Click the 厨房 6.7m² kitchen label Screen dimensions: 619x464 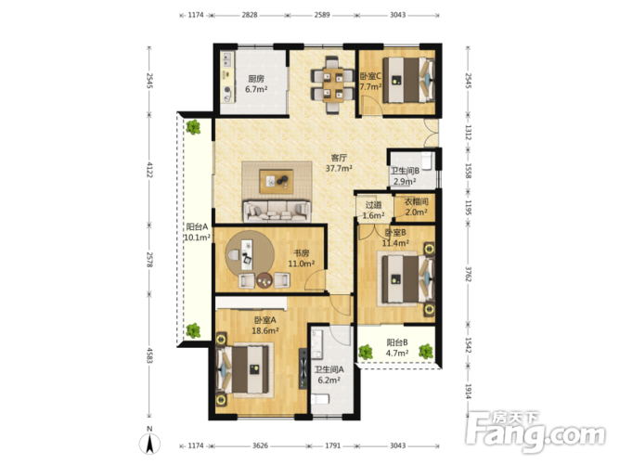click(256, 84)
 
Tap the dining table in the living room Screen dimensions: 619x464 click(333, 84)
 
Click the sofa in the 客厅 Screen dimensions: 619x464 click(277, 212)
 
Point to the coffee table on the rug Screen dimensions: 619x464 click(277, 182)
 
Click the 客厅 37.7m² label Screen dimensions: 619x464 click(339, 163)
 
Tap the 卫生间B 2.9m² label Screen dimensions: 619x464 click(405, 176)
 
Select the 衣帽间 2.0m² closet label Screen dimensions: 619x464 click(416, 207)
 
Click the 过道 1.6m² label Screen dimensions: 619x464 click(373, 210)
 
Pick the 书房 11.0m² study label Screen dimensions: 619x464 click(302, 259)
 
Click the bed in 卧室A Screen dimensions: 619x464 click(245, 369)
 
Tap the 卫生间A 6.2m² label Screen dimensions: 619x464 click(329, 375)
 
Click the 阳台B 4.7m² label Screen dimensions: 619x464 click(397, 347)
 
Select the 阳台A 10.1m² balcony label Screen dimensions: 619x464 click(197, 232)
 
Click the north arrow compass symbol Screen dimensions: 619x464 click(149, 442)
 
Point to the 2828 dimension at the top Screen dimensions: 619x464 click(250, 15)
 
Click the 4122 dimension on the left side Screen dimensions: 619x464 click(149, 170)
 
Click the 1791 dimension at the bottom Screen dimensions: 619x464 click(333, 445)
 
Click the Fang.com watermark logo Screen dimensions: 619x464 click(535, 432)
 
